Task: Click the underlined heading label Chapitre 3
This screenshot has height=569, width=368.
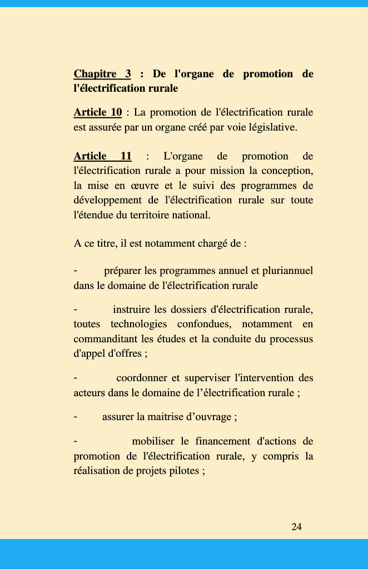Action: [x=102, y=74]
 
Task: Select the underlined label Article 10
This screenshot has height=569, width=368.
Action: [x=97, y=113]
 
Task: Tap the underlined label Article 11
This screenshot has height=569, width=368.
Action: [x=102, y=156]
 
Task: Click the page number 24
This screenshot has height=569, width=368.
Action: [x=296, y=527]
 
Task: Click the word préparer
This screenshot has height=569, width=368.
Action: [x=122, y=271]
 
